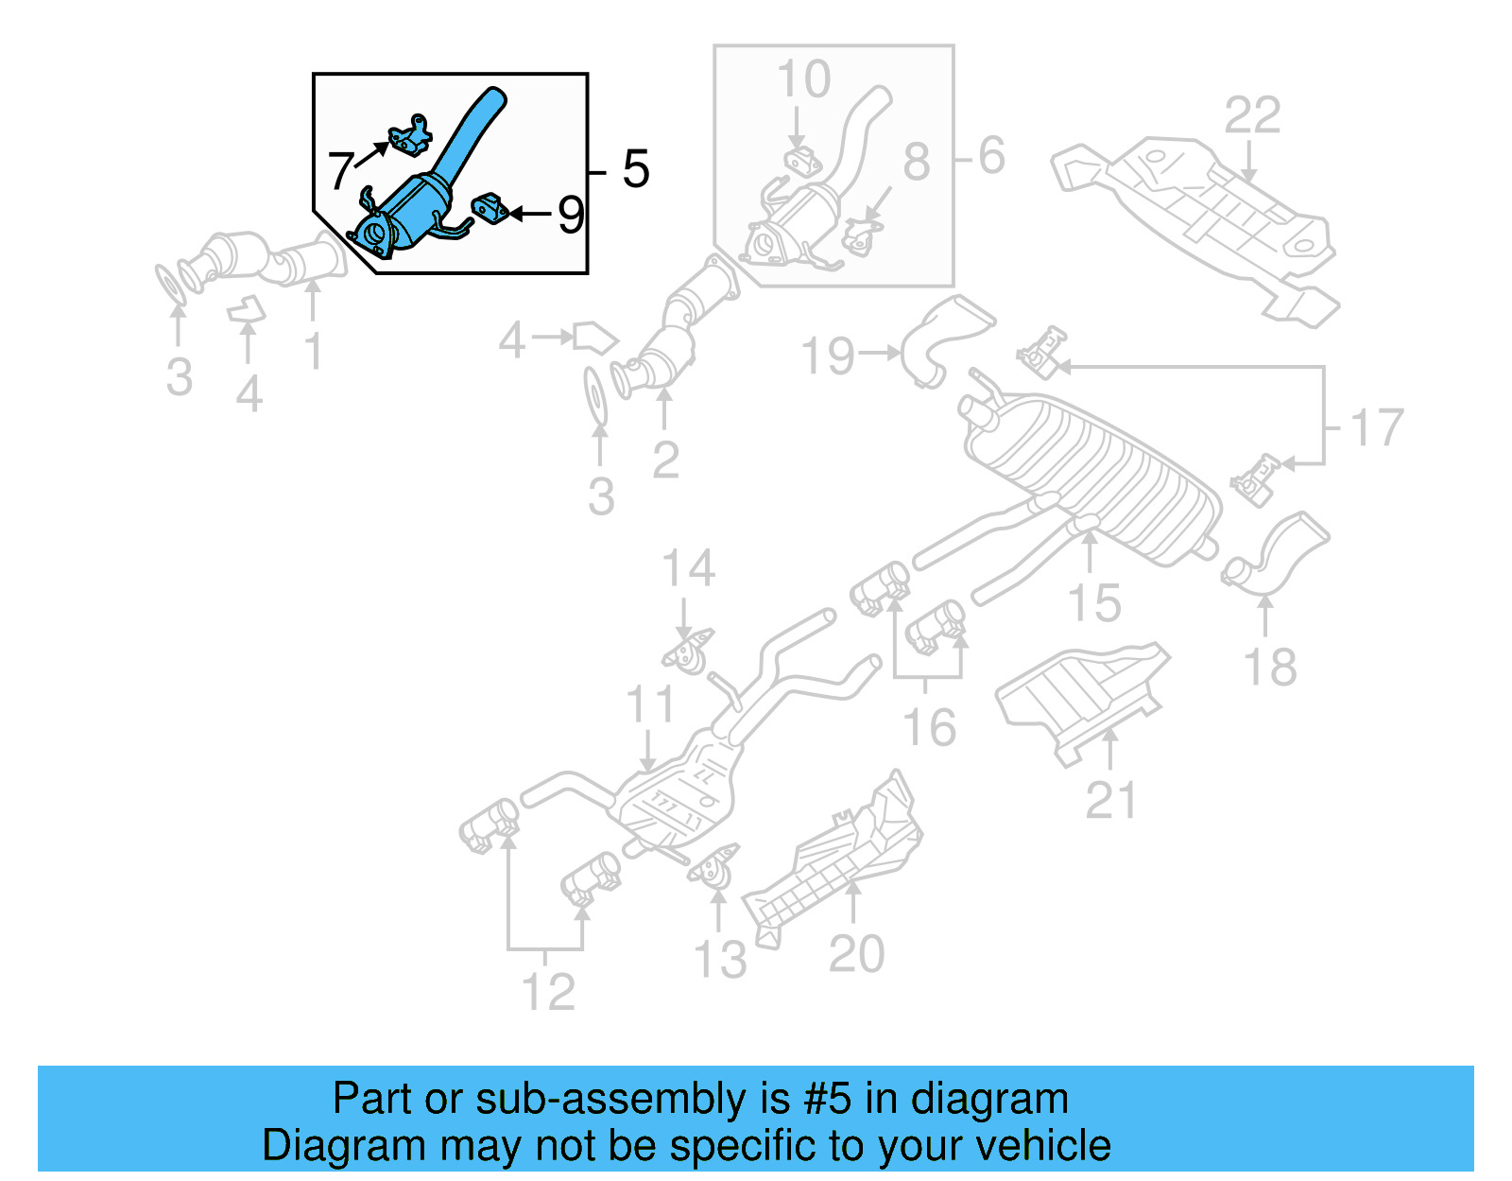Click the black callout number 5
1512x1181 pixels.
click(636, 169)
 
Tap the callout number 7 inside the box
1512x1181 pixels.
click(340, 171)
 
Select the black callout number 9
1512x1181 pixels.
click(571, 215)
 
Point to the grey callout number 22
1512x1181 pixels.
click(1252, 116)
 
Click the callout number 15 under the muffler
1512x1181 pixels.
click(1093, 603)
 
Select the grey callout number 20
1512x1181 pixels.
click(856, 954)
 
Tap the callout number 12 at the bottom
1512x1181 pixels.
click(548, 992)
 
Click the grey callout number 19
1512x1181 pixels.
click(828, 356)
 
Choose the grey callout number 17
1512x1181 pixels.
click(1377, 427)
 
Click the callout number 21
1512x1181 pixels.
click(1111, 801)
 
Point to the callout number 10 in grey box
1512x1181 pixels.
click(803, 79)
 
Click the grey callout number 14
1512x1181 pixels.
click(688, 568)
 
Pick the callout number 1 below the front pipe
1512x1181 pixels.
click(314, 352)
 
